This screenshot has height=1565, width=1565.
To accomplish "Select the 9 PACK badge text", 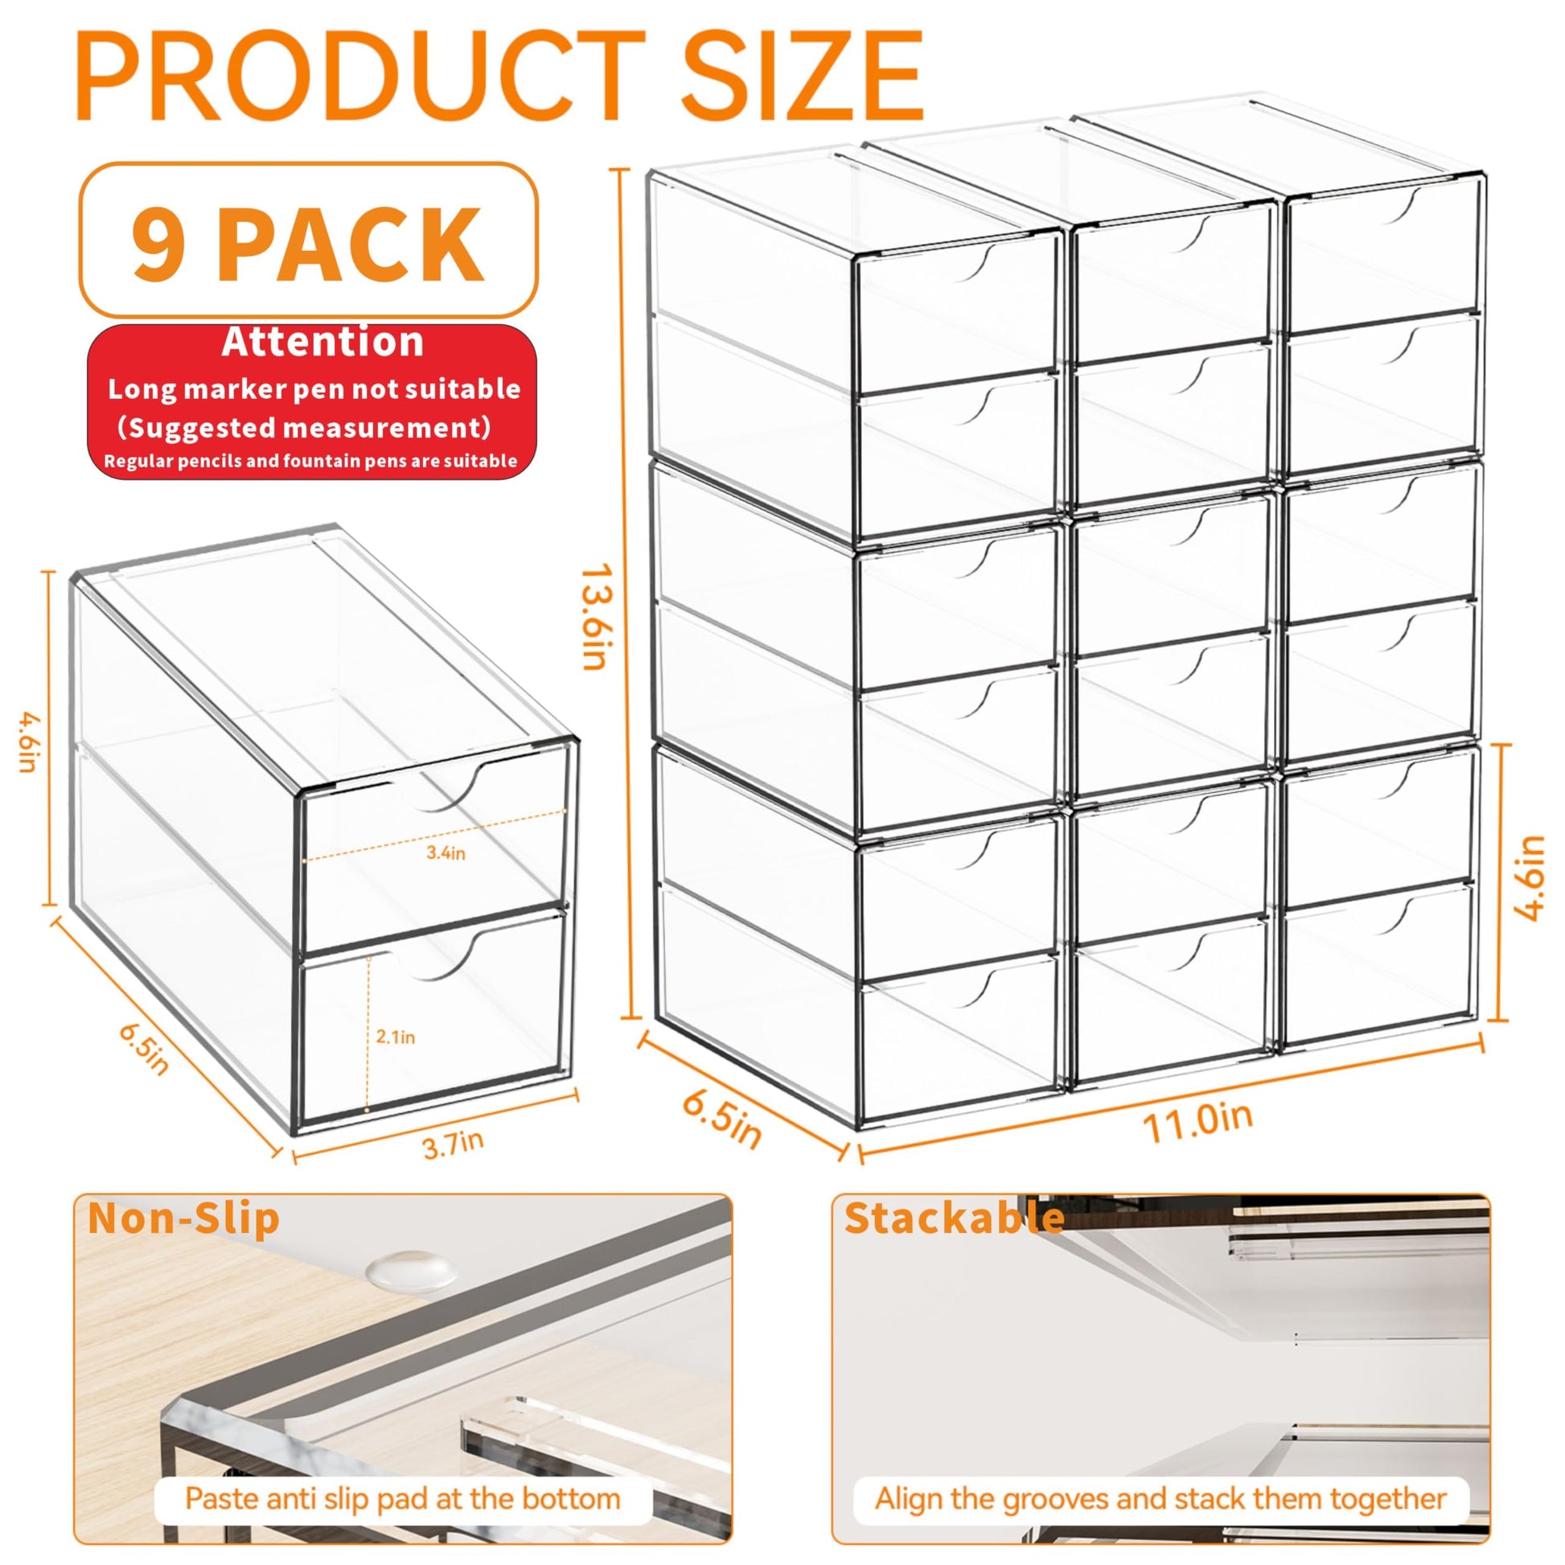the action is pyautogui.click(x=308, y=240).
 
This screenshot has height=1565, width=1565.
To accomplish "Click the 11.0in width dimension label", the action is pyautogui.click(x=1197, y=1122).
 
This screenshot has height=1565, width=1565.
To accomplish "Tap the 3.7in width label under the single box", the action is pyautogui.click(x=454, y=1144).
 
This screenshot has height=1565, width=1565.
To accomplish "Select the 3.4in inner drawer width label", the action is pyautogui.click(x=446, y=853).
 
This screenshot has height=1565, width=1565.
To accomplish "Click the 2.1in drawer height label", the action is pyautogui.click(x=396, y=1037).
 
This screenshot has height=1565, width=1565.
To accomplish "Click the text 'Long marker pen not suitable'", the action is pyautogui.click(x=314, y=388).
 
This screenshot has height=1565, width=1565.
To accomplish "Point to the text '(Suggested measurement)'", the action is pyautogui.click(x=304, y=427).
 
